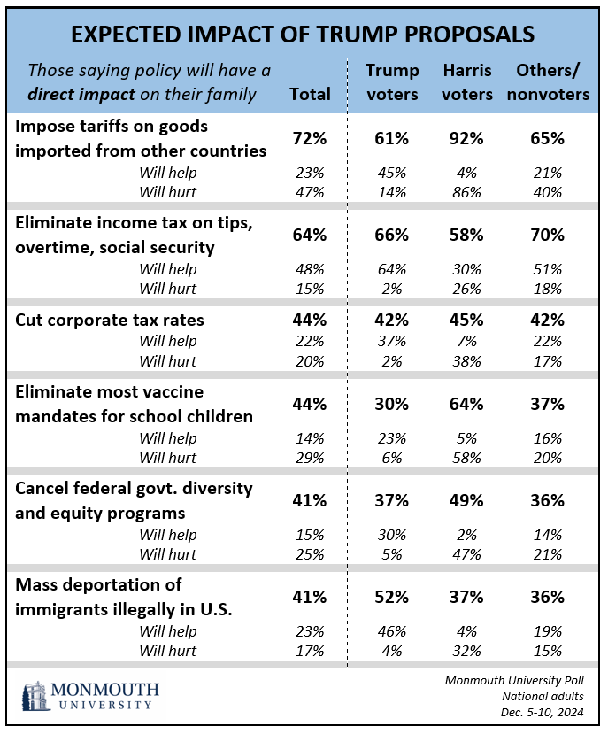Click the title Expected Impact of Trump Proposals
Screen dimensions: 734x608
click(303, 34)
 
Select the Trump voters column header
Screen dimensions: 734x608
click(391, 81)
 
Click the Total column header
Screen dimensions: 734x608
click(310, 94)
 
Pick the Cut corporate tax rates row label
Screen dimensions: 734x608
click(111, 320)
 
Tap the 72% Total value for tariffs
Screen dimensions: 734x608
click(310, 138)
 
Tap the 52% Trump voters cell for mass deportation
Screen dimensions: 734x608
click(390, 596)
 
